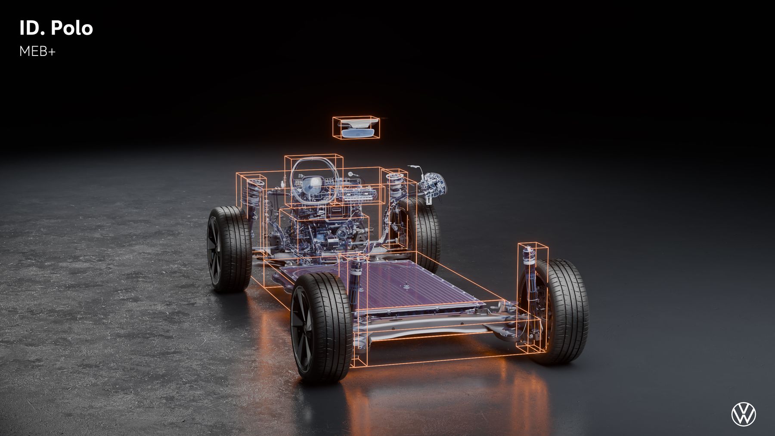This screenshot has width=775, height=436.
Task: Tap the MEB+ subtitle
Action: click(x=37, y=52)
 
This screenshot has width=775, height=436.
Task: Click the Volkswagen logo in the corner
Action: click(x=744, y=414)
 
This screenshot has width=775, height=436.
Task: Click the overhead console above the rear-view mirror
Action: click(x=357, y=124)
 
